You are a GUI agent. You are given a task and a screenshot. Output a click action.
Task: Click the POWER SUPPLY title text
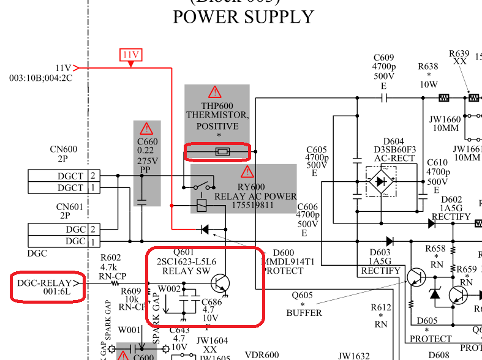click(243, 17)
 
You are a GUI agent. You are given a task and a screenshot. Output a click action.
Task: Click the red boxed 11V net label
click(131, 55)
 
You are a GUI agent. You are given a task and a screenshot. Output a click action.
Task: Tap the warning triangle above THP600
click(214, 92)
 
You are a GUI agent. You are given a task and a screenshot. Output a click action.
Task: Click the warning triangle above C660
click(146, 129)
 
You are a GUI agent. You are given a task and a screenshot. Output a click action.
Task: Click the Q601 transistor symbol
click(220, 283)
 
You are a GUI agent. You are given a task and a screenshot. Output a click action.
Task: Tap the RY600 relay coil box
click(201, 205)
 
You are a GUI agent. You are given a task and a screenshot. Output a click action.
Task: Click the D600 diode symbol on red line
click(205, 229)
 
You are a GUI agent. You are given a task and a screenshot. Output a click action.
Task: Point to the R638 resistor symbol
click(445, 97)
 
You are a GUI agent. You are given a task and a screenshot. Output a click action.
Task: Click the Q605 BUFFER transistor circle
click(416, 277)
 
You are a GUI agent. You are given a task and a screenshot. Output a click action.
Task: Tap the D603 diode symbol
click(390, 241)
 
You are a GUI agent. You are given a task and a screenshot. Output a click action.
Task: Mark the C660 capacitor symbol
click(142, 200)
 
